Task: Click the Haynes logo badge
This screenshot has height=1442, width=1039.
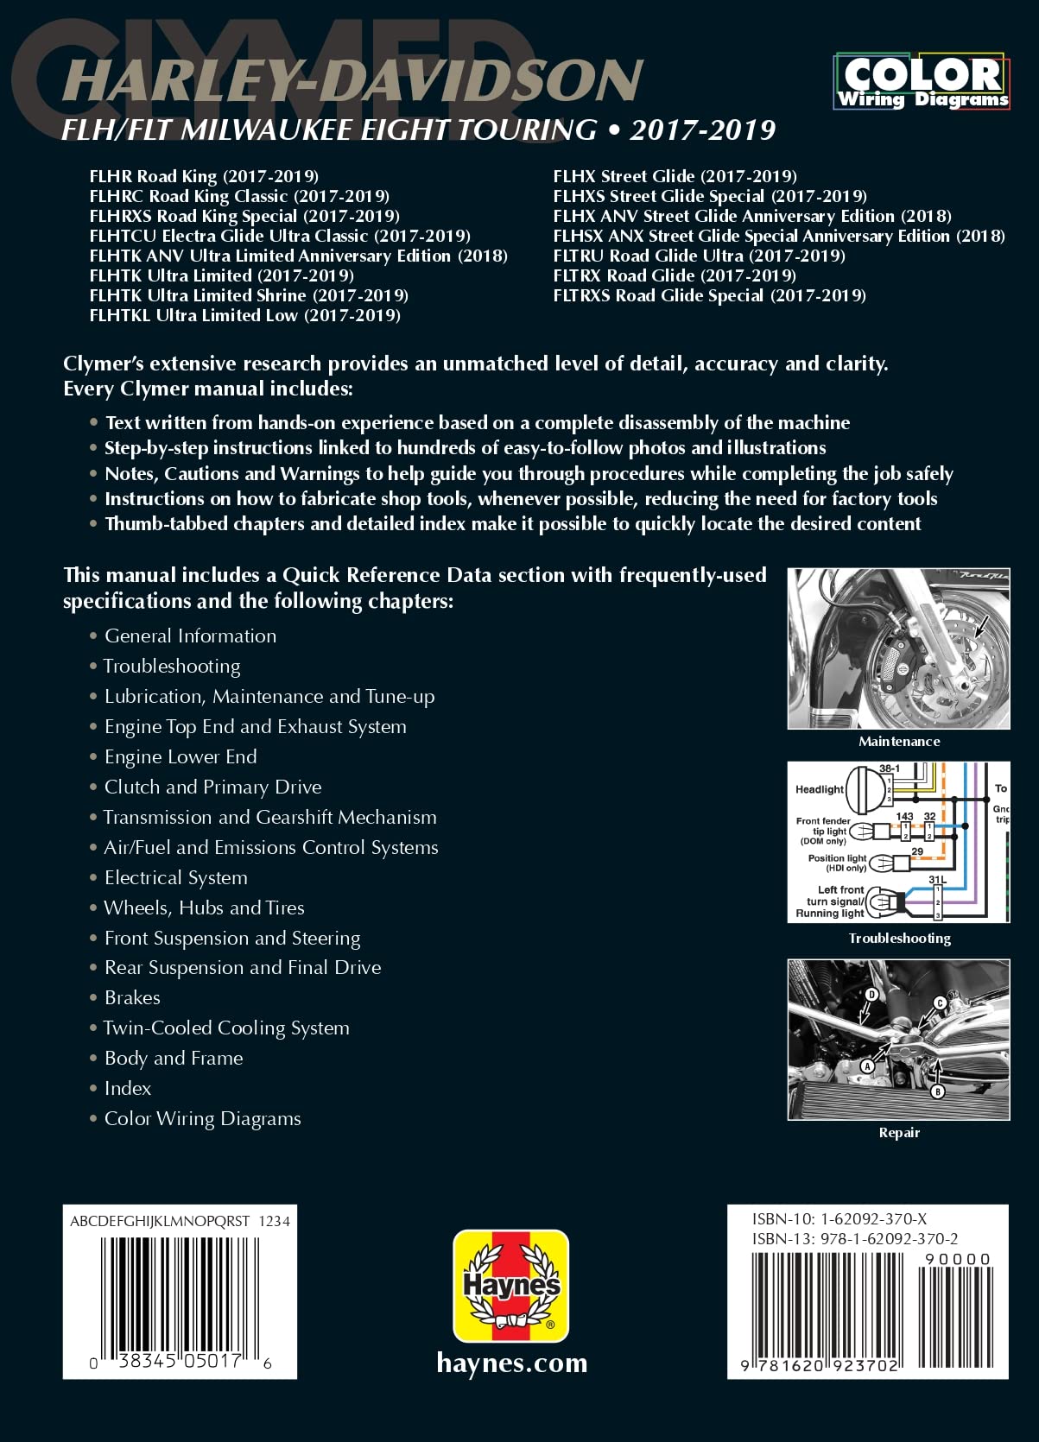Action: (511, 1286)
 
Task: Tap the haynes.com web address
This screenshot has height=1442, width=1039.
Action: (511, 1363)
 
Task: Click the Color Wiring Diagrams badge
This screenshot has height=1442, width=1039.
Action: (922, 82)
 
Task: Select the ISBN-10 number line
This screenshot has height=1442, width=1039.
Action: (839, 1219)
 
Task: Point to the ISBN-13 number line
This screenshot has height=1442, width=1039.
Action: (854, 1238)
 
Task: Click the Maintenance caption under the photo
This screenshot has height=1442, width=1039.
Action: (899, 741)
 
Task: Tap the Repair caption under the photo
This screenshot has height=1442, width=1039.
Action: (899, 1132)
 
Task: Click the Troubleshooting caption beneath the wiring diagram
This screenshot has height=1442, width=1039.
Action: (899, 938)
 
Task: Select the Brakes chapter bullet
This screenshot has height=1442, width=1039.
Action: (132, 997)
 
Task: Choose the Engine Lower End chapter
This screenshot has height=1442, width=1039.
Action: (181, 756)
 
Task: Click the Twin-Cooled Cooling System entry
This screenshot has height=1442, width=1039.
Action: (226, 1028)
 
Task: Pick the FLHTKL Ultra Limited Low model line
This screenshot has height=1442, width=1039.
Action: (244, 315)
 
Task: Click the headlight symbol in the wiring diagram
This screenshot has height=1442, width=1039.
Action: (866, 789)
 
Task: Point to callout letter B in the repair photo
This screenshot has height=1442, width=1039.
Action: (938, 1091)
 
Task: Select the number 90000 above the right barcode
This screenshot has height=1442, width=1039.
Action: (957, 1259)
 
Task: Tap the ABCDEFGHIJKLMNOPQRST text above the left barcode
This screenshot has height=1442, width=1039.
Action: (160, 1221)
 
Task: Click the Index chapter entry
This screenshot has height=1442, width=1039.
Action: (128, 1088)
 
